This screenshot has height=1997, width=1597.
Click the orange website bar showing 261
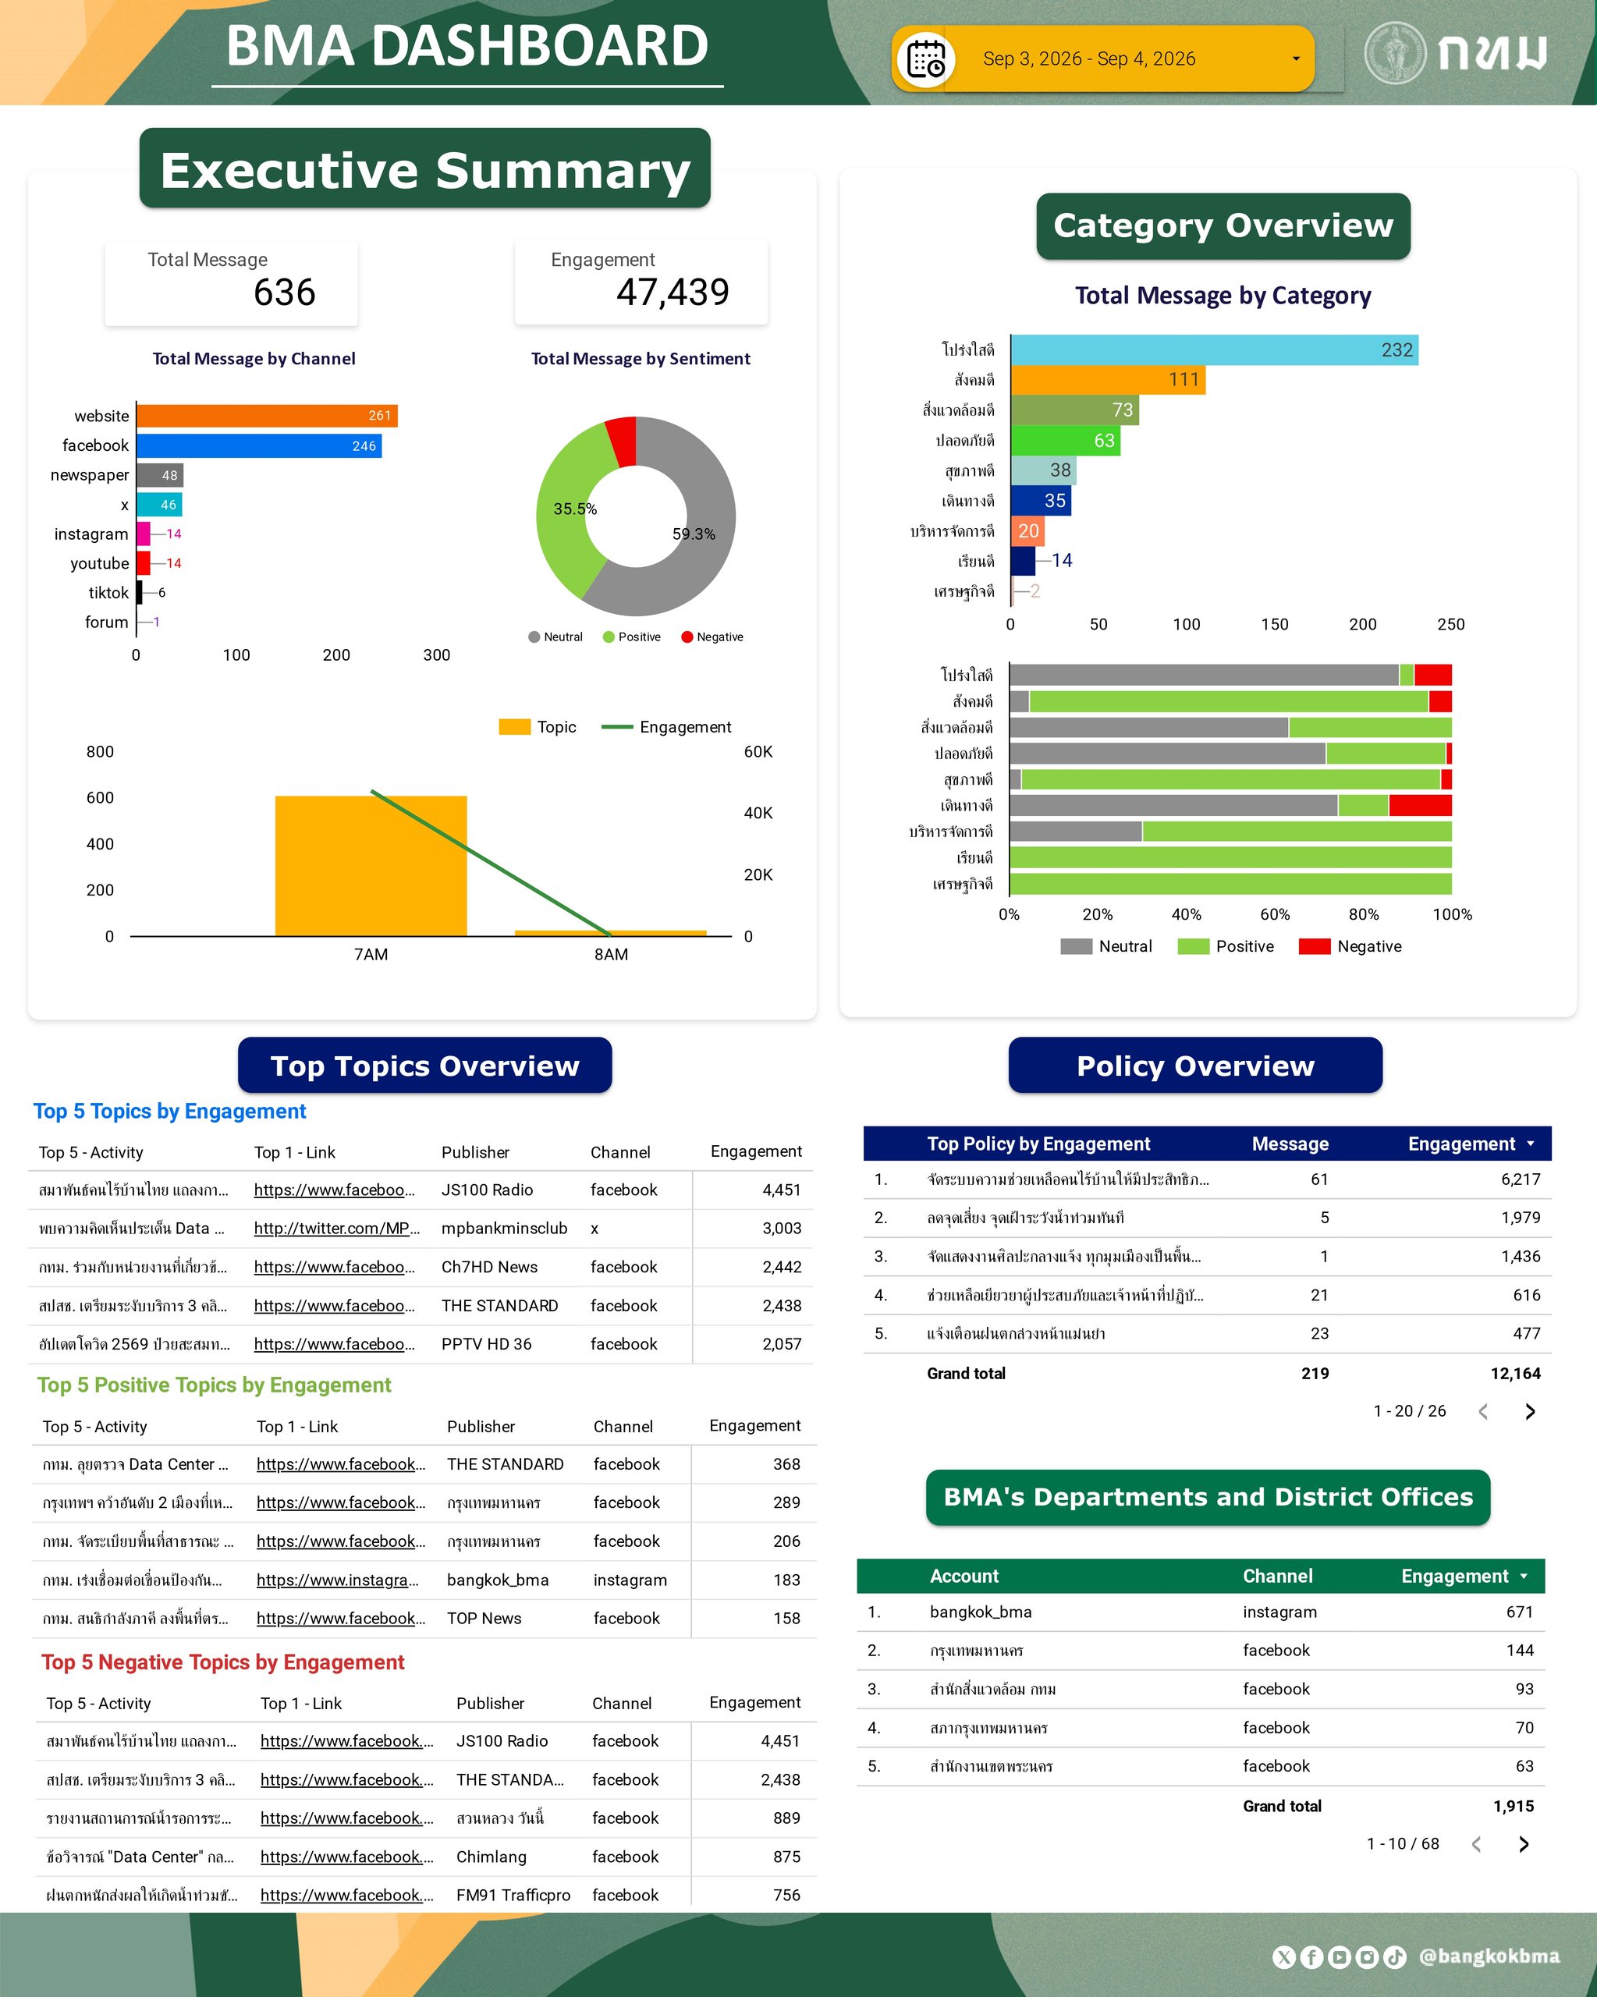[267, 416]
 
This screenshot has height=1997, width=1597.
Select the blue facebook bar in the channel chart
[259, 445]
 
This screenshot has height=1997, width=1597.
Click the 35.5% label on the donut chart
[575, 509]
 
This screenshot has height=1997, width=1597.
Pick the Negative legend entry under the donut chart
[712, 637]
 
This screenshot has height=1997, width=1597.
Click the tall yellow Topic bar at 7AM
[371, 866]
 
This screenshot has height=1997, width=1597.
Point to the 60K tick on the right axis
[758, 751]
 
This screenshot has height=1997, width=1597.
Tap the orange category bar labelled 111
[1108, 380]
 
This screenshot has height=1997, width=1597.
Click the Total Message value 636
[285, 292]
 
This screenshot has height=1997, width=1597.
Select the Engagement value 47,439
[673, 292]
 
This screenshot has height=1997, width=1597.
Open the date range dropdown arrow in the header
[1296, 59]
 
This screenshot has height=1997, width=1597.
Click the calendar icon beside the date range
[926, 59]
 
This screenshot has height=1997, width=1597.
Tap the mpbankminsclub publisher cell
[504, 1228]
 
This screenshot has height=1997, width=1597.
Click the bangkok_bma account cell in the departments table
[980, 1612]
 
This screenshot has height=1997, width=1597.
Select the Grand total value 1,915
[1513, 1805]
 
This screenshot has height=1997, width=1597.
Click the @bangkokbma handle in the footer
[1489, 1956]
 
